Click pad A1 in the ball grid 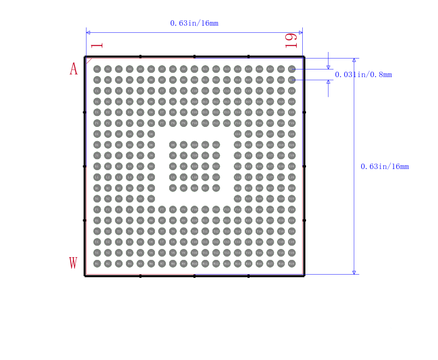tap(97, 69)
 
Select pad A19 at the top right tap(292, 69)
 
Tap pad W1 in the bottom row tap(97, 264)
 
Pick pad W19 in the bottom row tap(292, 264)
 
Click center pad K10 tap(194, 166)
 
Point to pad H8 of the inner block tap(172, 145)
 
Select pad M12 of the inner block tap(216, 188)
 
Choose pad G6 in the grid tap(151, 134)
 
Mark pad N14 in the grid tap(238, 199)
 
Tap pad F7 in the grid tap(162, 123)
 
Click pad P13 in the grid tap(227, 210)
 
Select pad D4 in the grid tap(129, 102)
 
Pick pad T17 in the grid tap(270, 231)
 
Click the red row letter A tap(73, 69)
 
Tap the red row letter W tap(73, 263)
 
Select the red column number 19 tap(291, 40)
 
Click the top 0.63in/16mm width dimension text tap(194, 23)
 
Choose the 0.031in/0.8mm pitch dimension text tap(364, 74)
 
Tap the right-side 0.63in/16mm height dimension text tap(385, 166)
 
